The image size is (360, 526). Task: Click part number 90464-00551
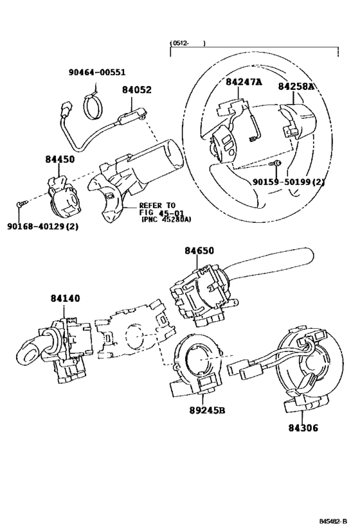point(97,72)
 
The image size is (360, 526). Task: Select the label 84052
point(137,90)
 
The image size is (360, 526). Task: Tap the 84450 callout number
point(60,159)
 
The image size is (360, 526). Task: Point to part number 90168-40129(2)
point(42,227)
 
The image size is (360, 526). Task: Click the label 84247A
point(244,82)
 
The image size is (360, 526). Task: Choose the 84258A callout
point(296,86)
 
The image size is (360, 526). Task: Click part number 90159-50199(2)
point(289,182)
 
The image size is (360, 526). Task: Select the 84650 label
point(199,250)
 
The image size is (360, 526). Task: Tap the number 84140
point(66,298)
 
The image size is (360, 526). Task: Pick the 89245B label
point(206,410)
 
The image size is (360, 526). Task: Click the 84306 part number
point(303,428)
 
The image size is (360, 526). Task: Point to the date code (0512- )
point(188,43)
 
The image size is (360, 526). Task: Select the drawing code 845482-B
point(333,521)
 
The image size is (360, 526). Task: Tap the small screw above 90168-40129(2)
point(21,204)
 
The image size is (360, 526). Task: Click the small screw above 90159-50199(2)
point(276,164)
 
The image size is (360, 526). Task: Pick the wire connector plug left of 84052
point(66,109)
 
